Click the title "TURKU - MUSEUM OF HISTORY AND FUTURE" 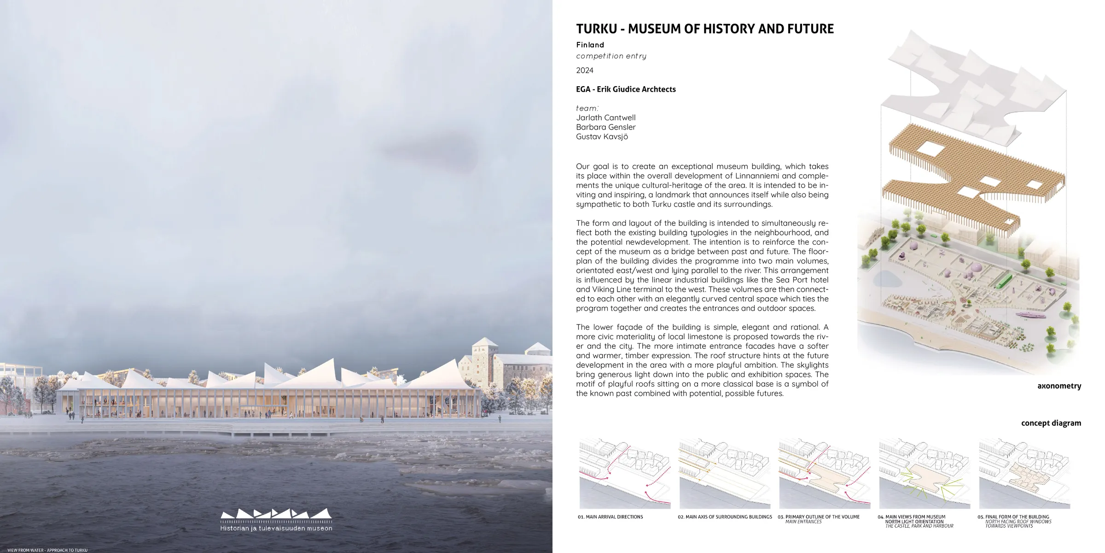coord(704,29)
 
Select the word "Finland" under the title coord(590,45)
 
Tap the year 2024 coord(585,71)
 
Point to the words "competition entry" coord(611,56)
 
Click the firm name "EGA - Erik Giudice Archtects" coord(626,89)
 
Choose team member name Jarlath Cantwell coord(605,118)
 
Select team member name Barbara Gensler coord(605,127)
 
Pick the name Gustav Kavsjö coord(602,137)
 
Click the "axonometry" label coord(1059,386)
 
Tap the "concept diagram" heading coord(1051,423)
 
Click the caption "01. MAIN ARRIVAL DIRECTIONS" coord(610,517)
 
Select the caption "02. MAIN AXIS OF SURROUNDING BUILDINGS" coord(725,517)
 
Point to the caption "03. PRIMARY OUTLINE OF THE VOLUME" coord(819,517)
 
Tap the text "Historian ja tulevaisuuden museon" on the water coord(276,528)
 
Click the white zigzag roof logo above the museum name coord(276,513)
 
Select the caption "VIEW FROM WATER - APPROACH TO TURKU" coord(47,550)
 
